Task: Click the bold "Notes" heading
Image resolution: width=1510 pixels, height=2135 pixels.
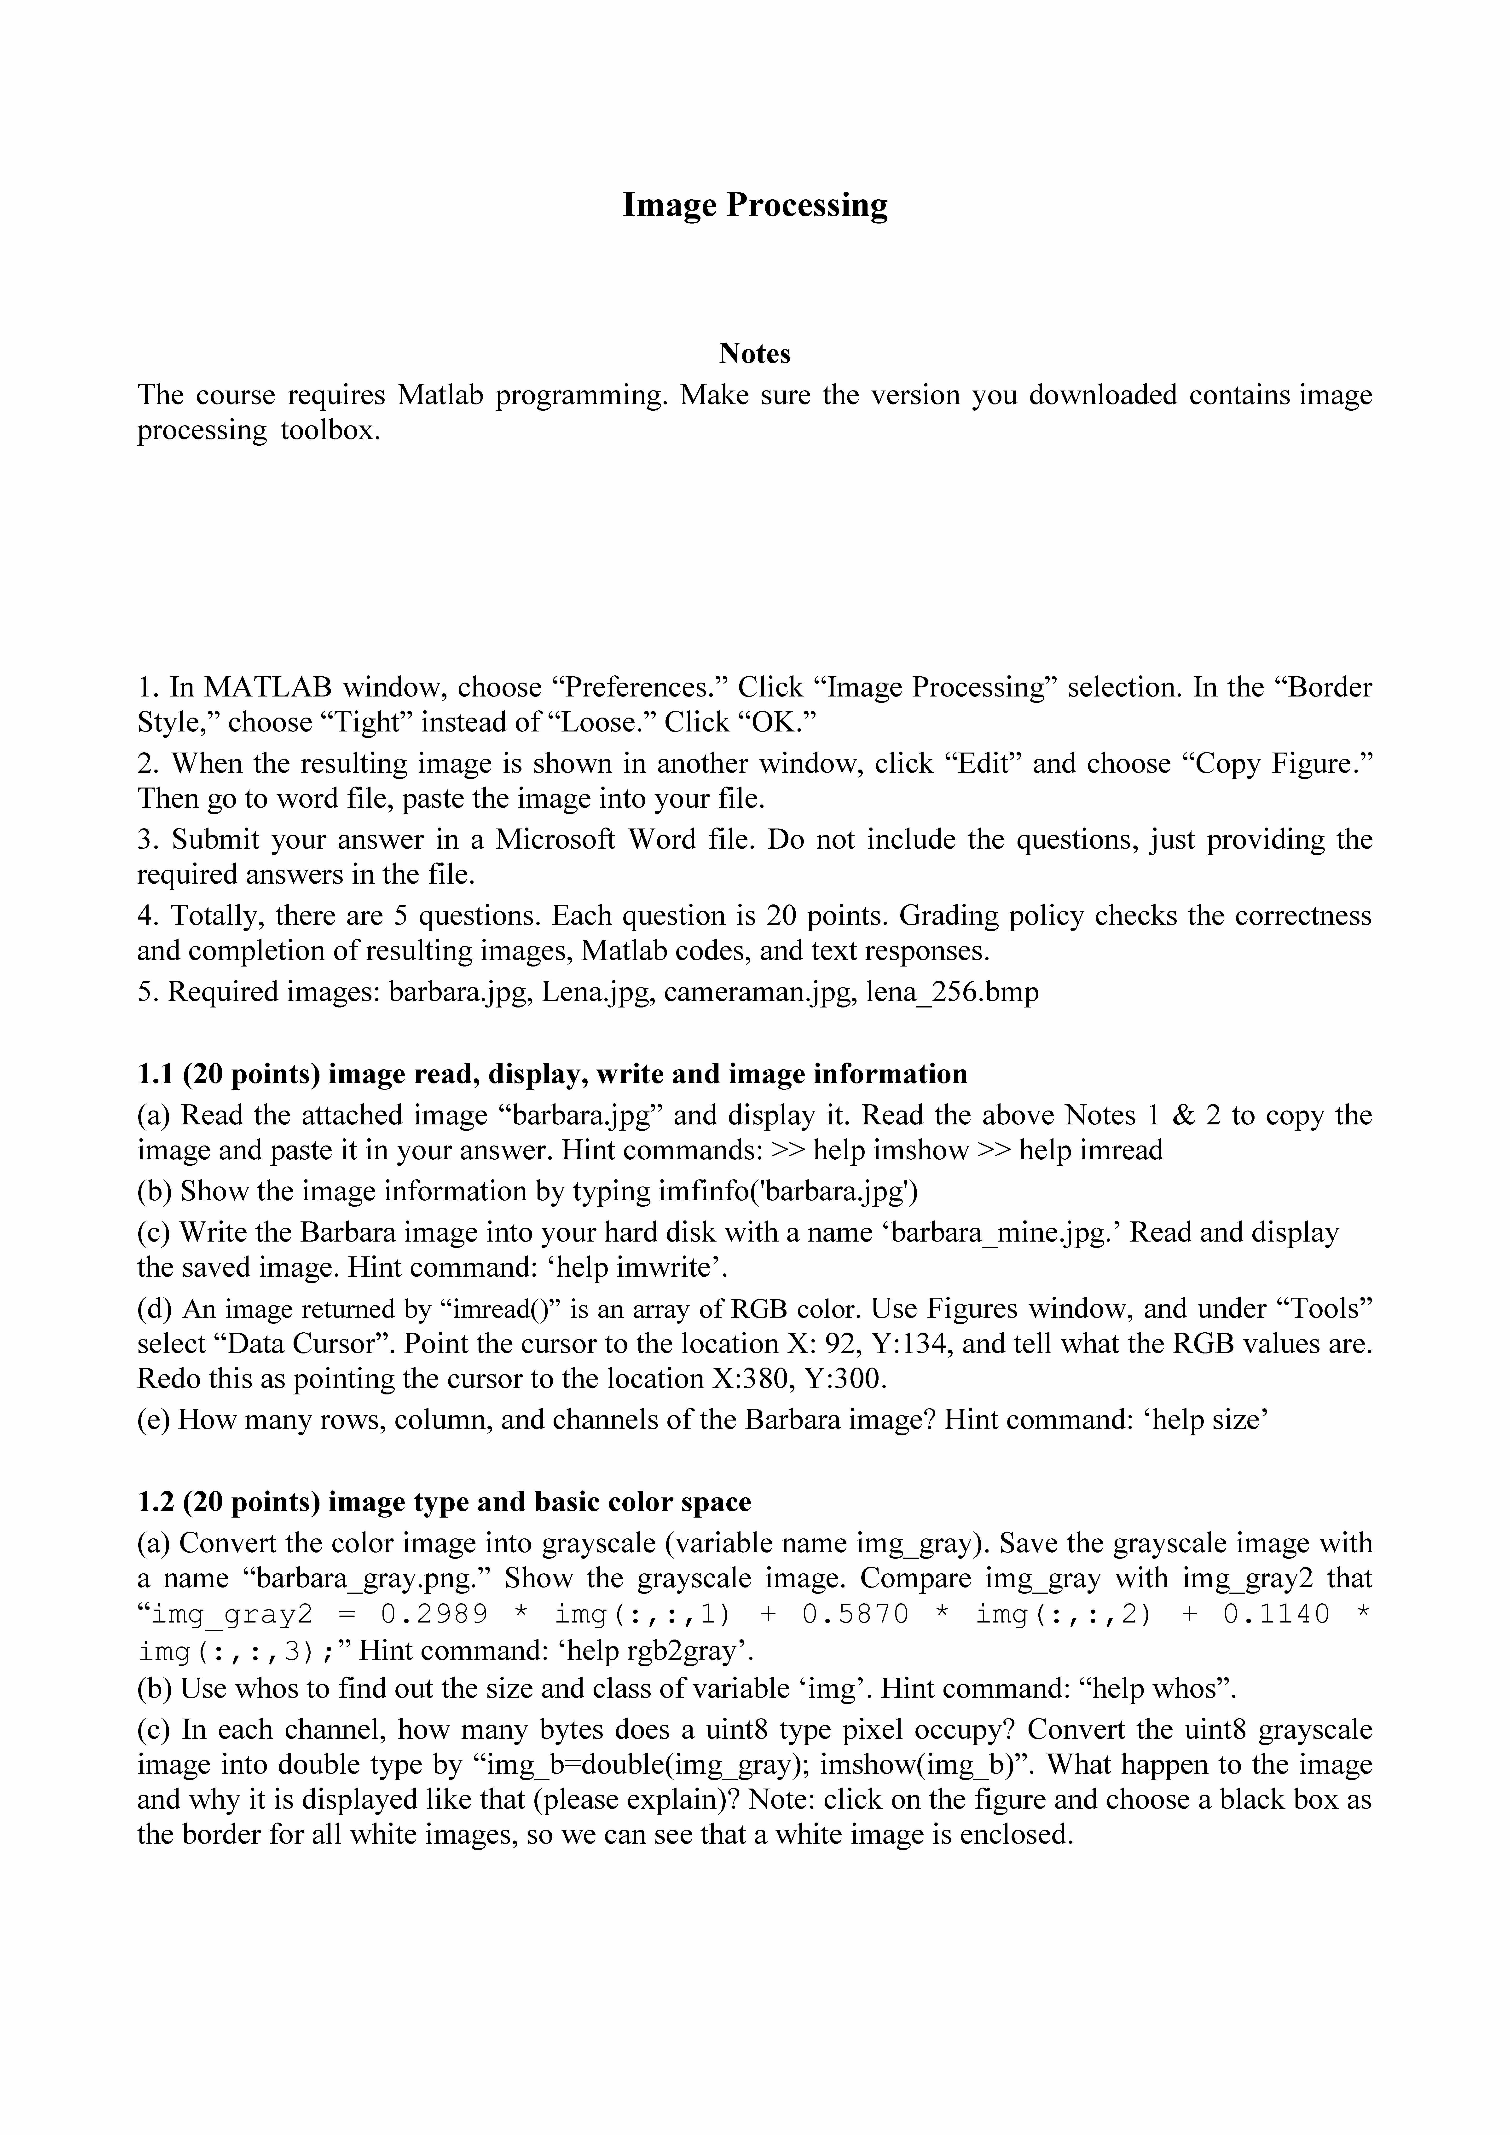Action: click(x=754, y=353)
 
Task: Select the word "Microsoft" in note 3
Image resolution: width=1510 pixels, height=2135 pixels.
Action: click(x=555, y=840)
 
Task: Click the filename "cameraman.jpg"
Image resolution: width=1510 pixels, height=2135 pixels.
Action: click(x=756, y=992)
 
